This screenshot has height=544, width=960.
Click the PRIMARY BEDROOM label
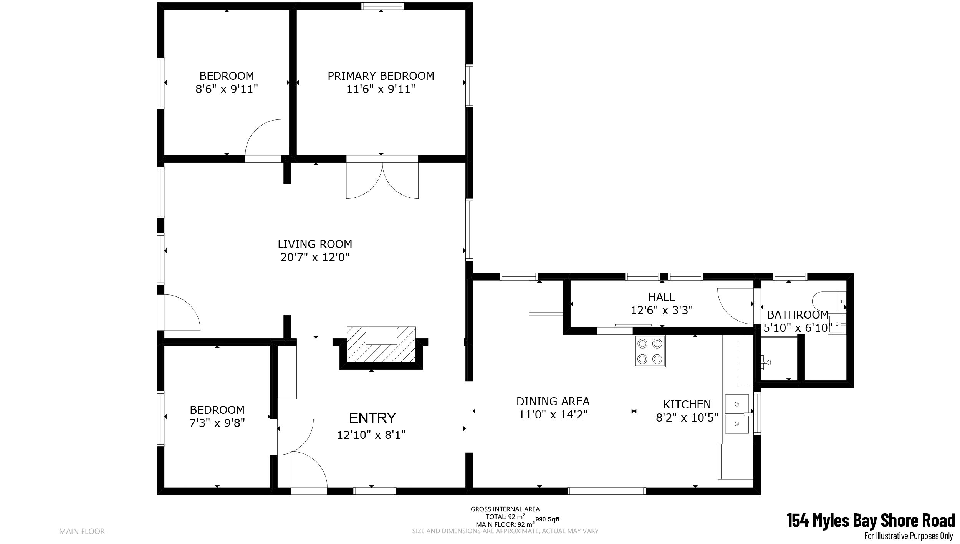(381, 76)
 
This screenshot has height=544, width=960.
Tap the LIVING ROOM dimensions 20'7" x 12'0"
(315, 257)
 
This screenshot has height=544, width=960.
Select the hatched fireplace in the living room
(381, 344)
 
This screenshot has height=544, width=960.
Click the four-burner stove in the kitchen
(650, 351)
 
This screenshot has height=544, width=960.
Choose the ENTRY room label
(372, 418)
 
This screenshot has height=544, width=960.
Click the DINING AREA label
(553, 402)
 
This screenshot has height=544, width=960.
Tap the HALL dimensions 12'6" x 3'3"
(662, 310)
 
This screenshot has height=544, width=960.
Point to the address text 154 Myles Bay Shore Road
(871, 521)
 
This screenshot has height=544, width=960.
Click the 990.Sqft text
(547, 519)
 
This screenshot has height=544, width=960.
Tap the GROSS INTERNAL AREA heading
(505, 509)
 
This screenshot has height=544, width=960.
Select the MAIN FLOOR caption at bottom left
(82, 532)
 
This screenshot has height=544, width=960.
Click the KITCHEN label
(687, 405)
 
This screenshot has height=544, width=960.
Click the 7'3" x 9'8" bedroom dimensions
(217, 423)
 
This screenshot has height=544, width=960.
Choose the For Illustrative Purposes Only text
(909, 536)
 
